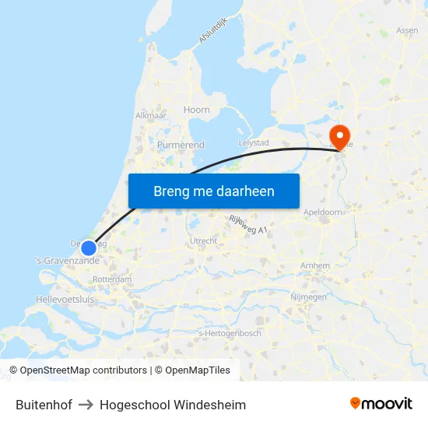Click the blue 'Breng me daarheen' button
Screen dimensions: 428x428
coord(213,191)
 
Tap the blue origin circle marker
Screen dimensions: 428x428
coord(89,247)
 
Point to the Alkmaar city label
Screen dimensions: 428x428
coord(151,115)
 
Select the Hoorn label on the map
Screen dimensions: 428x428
coord(197,110)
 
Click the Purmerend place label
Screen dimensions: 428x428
coord(181,145)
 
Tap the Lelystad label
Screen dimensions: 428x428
coord(253,143)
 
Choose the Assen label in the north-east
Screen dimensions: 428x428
coord(407,30)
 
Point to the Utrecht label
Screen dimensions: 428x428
coord(203,241)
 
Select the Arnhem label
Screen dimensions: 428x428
coord(314,266)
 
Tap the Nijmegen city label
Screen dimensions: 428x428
coord(308,296)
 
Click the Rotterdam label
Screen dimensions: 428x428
coord(112,279)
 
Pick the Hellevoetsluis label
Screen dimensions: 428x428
coord(64,299)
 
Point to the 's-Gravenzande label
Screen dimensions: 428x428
coord(67,260)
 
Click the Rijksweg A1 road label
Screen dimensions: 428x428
coord(248,225)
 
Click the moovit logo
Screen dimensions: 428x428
coord(381,404)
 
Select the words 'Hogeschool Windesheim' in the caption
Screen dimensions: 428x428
coord(173,405)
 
